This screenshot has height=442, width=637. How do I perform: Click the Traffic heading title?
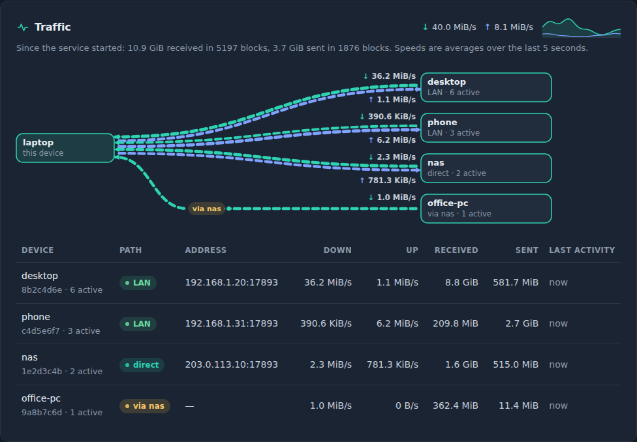point(52,27)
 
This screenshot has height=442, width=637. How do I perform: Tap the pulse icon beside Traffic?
point(23,27)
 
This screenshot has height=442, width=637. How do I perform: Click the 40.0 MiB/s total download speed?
point(449,27)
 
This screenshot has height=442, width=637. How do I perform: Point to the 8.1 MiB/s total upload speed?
point(509,27)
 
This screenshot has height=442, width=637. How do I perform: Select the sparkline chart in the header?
point(582,27)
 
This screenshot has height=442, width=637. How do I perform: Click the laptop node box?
point(65,148)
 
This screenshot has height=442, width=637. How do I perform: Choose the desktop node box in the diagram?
point(486,87)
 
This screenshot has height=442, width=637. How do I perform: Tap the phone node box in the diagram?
point(486,128)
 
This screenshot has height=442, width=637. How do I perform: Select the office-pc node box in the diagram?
point(486,209)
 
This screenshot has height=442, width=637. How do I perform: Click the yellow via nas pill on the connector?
point(206,209)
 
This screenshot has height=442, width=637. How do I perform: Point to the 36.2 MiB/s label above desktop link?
point(390,76)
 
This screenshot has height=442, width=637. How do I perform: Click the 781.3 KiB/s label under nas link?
point(388,180)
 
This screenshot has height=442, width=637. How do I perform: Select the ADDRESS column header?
point(206,250)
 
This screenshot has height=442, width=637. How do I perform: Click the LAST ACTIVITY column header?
point(582,250)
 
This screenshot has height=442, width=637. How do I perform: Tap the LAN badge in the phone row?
point(138,324)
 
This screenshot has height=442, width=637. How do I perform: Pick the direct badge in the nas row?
point(142,365)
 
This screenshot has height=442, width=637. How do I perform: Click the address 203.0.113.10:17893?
point(232,364)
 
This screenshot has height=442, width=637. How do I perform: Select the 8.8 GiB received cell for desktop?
point(461,282)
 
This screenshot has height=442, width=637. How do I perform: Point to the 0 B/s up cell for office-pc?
point(407,405)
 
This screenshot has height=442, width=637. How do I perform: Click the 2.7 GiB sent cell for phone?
point(521,323)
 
